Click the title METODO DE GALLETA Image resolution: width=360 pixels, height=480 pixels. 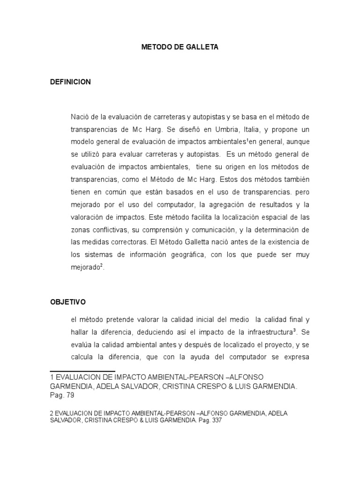tap(180, 47)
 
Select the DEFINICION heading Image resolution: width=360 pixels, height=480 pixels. tap(70, 82)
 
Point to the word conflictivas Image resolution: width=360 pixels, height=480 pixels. tap(116, 230)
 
